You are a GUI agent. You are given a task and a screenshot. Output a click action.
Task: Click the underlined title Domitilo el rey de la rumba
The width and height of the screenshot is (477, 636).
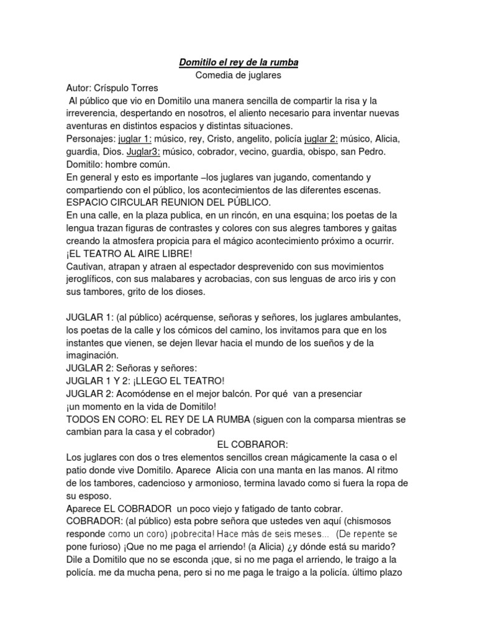[x=238, y=62]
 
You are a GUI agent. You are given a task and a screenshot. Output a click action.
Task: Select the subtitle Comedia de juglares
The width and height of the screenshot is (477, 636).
[x=238, y=75]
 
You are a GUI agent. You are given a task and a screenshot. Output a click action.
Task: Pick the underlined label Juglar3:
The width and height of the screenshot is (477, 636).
[x=144, y=152]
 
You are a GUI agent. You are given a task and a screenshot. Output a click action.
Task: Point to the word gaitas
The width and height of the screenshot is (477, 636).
[x=383, y=227]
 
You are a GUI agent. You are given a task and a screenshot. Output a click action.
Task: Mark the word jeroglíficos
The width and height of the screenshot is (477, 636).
[x=93, y=278]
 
